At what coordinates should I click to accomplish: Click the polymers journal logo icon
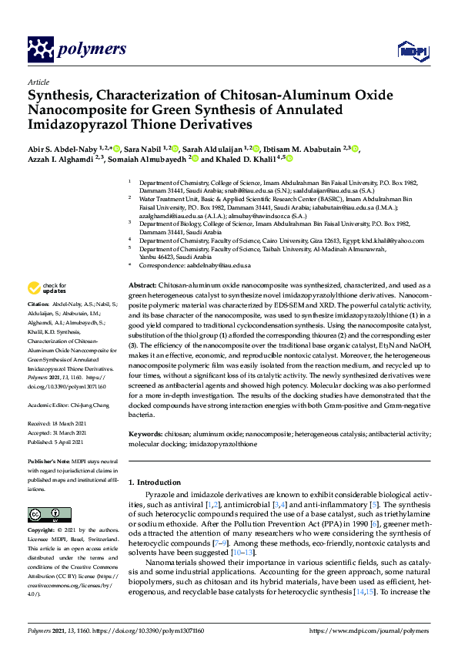click(x=38, y=50)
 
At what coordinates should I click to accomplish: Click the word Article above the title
click(x=38, y=82)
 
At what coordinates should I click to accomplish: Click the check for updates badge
click(x=45, y=288)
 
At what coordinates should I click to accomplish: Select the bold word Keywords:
click(x=145, y=434)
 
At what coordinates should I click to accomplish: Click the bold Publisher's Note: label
click(x=50, y=460)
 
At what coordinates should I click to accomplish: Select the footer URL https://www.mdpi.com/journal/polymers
click(x=369, y=630)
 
